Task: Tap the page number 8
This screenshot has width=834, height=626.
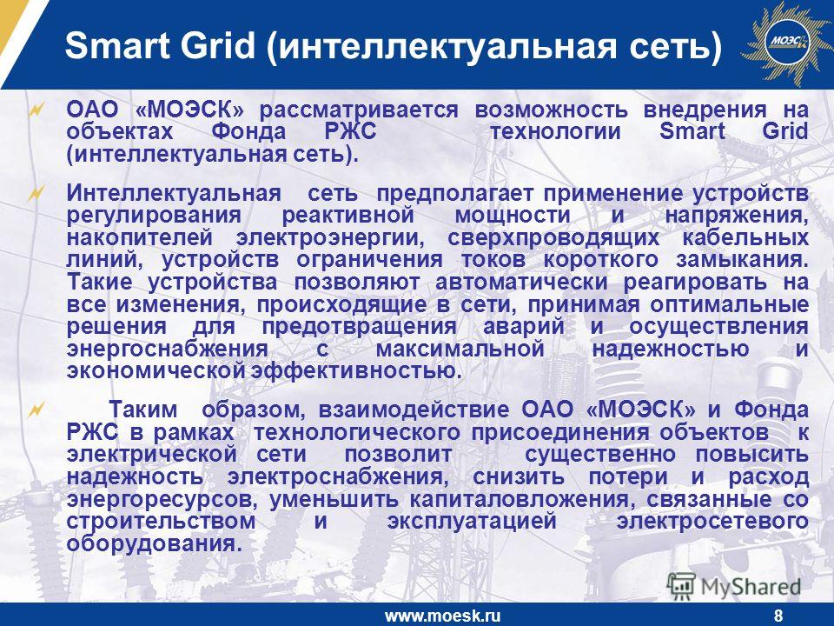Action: [778, 616]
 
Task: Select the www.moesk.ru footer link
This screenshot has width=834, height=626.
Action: [442, 616]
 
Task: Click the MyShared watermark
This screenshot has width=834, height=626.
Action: [734, 586]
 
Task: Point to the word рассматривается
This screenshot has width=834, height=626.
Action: [359, 110]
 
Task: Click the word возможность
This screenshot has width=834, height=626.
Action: [551, 110]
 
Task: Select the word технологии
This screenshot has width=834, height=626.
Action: [555, 131]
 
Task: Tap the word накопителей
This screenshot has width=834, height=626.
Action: [140, 238]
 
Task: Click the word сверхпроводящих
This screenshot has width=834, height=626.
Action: [553, 238]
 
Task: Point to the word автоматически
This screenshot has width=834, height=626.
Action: [521, 282]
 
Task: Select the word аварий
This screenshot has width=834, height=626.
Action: [523, 326]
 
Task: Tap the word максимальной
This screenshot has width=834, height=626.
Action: [460, 350]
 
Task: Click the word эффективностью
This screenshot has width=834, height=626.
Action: [356, 371]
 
